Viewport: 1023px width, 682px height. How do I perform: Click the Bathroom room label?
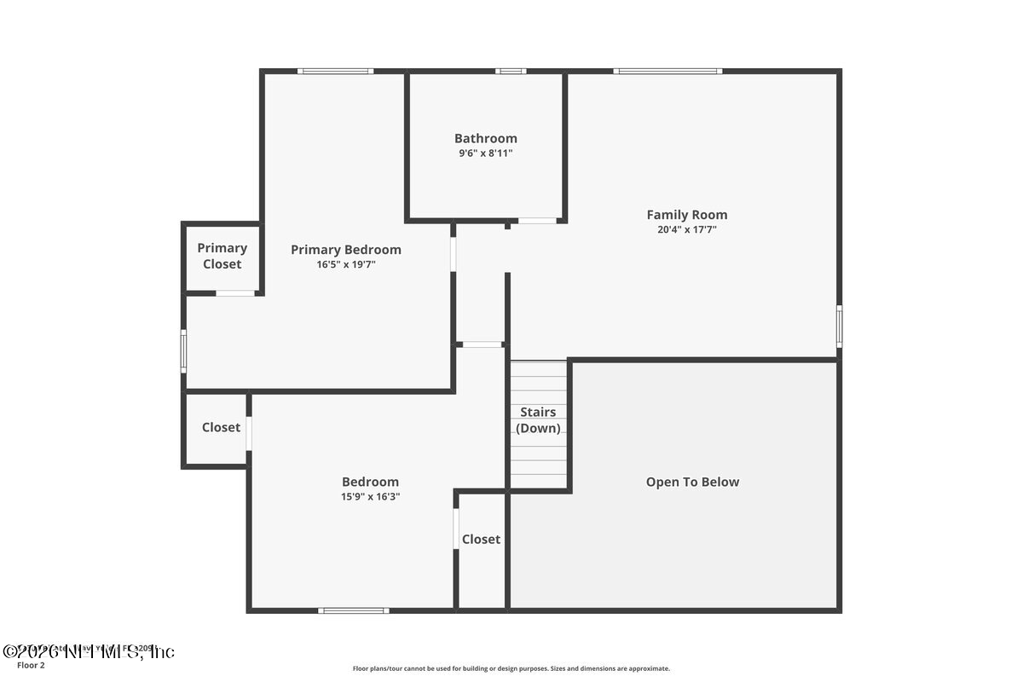pos(485,138)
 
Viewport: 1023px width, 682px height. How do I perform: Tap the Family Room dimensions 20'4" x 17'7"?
pos(686,229)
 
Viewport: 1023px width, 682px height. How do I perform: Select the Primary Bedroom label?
pos(345,250)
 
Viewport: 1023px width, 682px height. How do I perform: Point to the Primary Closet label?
pos(222,256)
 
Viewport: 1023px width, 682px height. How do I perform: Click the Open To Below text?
pos(692,482)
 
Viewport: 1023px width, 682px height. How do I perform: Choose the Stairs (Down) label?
pos(539,420)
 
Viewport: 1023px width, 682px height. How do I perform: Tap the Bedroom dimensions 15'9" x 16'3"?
pos(370,496)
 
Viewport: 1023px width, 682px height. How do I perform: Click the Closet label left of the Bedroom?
pos(221,427)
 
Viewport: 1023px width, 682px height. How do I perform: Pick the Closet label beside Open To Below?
pos(481,539)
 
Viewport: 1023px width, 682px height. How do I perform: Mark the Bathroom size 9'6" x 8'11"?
pos(485,153)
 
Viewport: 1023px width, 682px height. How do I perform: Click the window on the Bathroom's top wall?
pos(511,71)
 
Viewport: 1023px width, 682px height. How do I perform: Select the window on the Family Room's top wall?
pos(668,71)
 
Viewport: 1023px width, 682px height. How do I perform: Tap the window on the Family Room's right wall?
pos(839,326)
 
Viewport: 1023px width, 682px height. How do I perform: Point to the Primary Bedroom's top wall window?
pos(335,71)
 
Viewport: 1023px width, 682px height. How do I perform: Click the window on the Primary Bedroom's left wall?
pos(183,351)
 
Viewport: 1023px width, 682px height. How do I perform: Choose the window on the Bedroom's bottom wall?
pos(354,610)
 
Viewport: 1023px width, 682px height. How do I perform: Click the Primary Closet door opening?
pos(235,293)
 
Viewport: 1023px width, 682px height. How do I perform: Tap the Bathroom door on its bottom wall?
pos(538,221)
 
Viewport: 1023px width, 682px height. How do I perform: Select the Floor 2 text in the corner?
pos(31,665)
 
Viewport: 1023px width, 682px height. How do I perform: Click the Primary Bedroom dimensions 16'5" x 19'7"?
pos(345,265)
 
